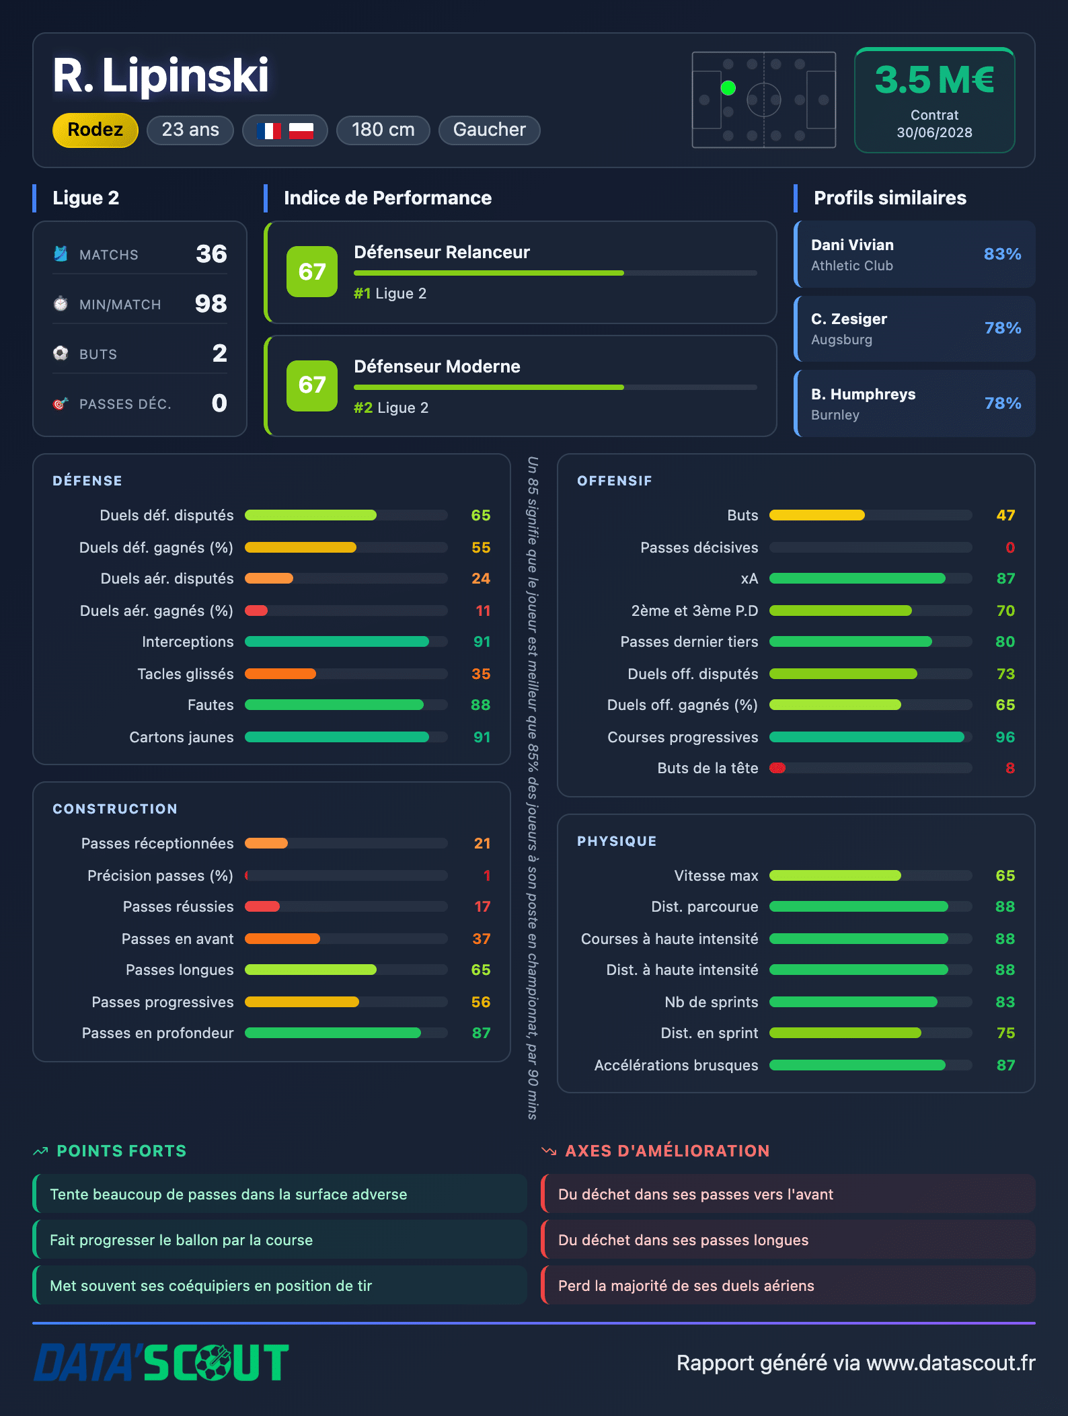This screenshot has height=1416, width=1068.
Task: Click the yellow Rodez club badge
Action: pos(96,130)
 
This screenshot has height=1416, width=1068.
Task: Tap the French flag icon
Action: pos(268,130)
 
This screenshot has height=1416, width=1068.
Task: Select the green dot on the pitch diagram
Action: pos(728,88)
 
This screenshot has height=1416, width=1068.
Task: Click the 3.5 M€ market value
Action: pos(934,79)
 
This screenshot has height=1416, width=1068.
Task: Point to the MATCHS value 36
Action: pos(211,254)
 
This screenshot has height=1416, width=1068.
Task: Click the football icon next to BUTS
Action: pos(61,353)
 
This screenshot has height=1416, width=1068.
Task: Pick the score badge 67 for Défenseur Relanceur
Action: pos(312,272)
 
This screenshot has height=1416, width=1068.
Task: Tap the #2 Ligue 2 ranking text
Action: pos(391,407)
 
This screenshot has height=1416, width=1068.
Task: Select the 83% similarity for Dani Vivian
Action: pos(1002,254)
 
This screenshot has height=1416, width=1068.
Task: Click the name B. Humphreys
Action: pos(863,394)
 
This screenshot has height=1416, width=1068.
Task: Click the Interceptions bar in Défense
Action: pos(337,641)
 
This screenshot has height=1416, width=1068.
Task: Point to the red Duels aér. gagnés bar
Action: pos(256,611)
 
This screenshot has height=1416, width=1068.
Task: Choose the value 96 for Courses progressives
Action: pos(1005,737)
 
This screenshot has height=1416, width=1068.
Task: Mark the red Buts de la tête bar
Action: pos(777,768)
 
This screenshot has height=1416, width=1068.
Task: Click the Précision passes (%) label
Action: pos(160,875)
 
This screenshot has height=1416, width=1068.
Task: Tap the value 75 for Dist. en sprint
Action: pos(1005,1033)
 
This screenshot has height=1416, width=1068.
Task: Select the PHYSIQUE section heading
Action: pos(617,841)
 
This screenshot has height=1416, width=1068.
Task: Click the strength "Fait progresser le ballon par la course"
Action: pos(182,1240)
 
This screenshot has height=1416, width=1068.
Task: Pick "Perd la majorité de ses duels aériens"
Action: pos(686,1286)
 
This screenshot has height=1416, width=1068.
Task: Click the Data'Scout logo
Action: pos(161,1362)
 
